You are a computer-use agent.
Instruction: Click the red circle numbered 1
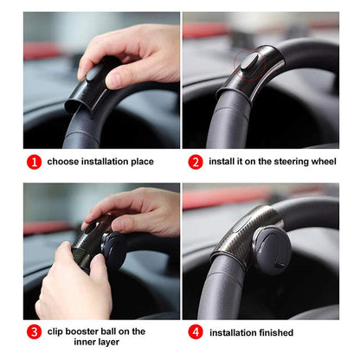pyautogui.click(x=33, y=161)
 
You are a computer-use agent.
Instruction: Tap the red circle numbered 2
pyautogui.click(x=196, y=161)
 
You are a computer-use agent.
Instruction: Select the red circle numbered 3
pyautogui.click(x=33, y=331)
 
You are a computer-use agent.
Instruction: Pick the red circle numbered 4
pyautogui.click(x=196, y=332)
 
